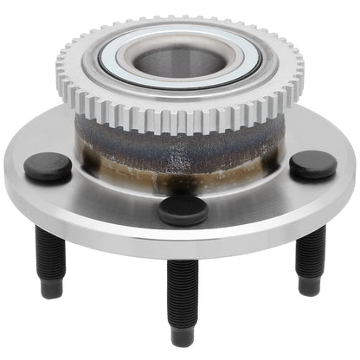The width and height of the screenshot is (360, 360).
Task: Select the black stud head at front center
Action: click(182, 209)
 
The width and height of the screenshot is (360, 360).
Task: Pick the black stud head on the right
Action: click(312, 164)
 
